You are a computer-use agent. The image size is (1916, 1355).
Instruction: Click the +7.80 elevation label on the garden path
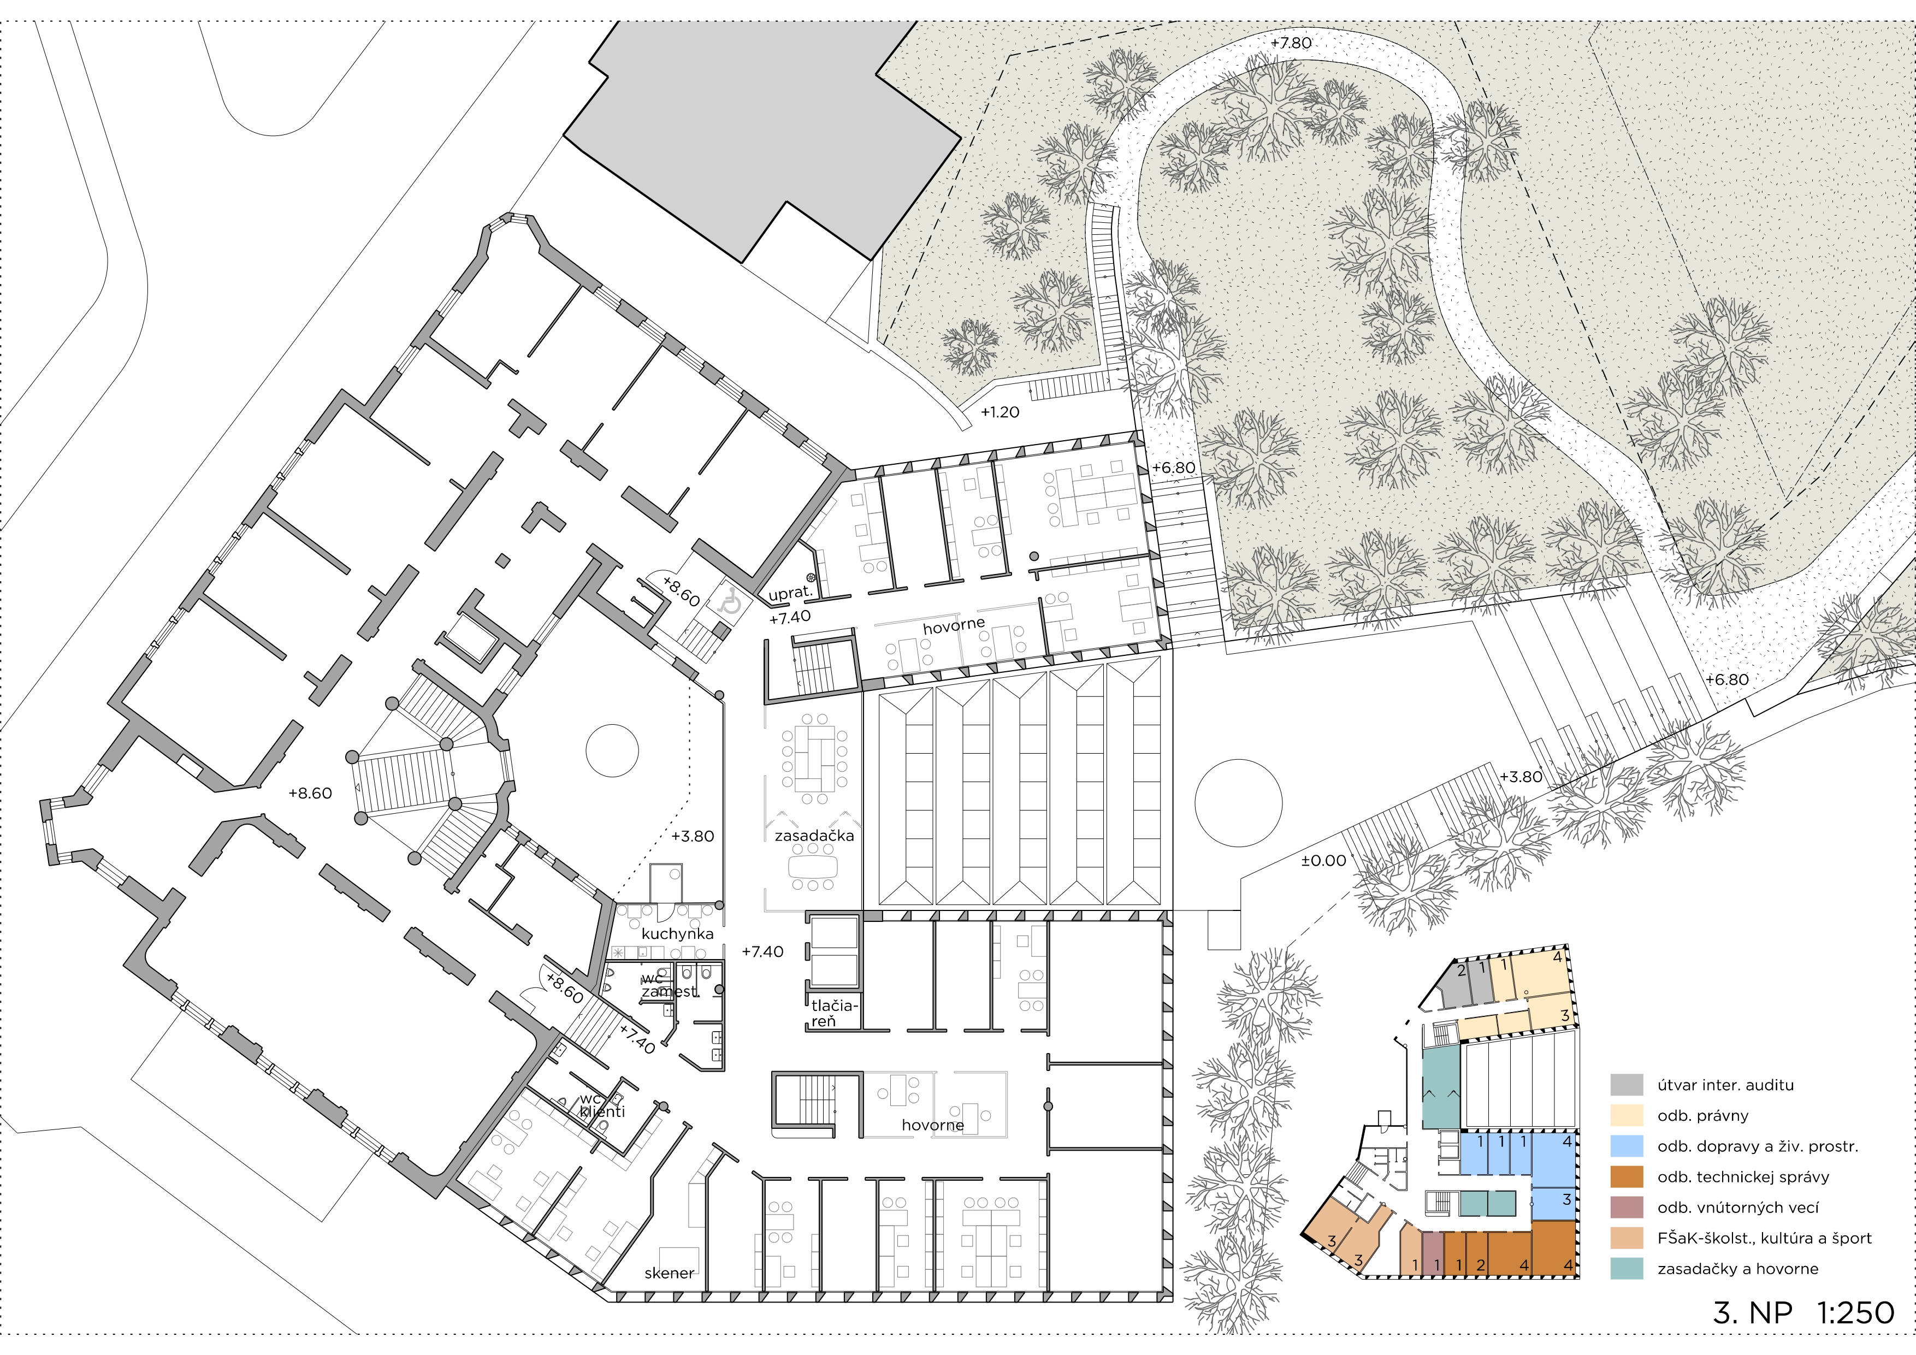click(x=1291, y=43)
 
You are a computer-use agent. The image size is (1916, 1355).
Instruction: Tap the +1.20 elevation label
click(x=1000, y=412)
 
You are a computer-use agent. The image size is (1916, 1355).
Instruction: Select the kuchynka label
click(x=678, y=934)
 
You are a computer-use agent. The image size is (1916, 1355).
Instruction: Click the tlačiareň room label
click(x=833, y=1014)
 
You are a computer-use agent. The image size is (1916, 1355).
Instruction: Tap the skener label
click(x=669, y=1273)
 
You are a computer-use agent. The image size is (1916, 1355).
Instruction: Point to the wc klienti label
click(x=602, y=1105)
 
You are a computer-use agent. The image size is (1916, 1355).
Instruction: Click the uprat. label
click(x=789, y=593)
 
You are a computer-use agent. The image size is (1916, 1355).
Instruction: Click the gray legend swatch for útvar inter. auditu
click(x=1627, y=1085)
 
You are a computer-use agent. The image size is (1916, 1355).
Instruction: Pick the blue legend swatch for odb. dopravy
click(x=1627, y=1146)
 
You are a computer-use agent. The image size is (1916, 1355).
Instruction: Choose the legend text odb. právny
click(x=1702, y=1116)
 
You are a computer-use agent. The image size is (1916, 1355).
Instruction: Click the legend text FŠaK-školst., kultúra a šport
click(x=1764, y=1238)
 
